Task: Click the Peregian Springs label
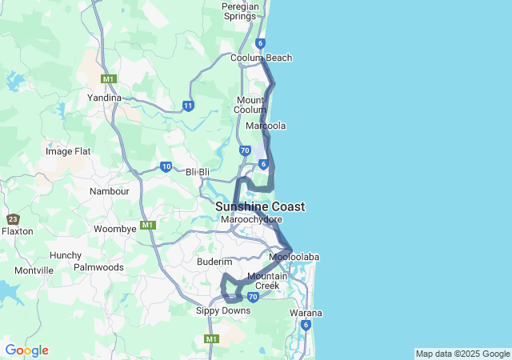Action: (x=239, y=11)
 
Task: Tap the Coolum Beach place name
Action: (x=261, y=58)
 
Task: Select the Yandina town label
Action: (x=104, y=98)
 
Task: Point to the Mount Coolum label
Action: (x=250, y=105)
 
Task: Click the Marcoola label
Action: (x=266, y=126)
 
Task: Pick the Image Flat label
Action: (x=68, y=151)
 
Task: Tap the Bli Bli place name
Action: (x=197, y=172)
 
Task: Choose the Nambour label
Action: (x=110, y=192)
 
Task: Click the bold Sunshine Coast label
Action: (x=260, y=206)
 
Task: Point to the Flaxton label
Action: (x=17, y=230)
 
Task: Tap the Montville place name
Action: (x=34, y=270)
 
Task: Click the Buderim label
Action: (x=214, y=262)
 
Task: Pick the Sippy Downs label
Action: (x=223, y=310)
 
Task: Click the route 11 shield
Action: (x=187, y=105)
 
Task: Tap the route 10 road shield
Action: (x=166, y=166)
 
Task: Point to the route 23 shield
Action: (x=12, y=219)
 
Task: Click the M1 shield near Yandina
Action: (x=109, y=78)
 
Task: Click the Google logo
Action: (x=26, y=350)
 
